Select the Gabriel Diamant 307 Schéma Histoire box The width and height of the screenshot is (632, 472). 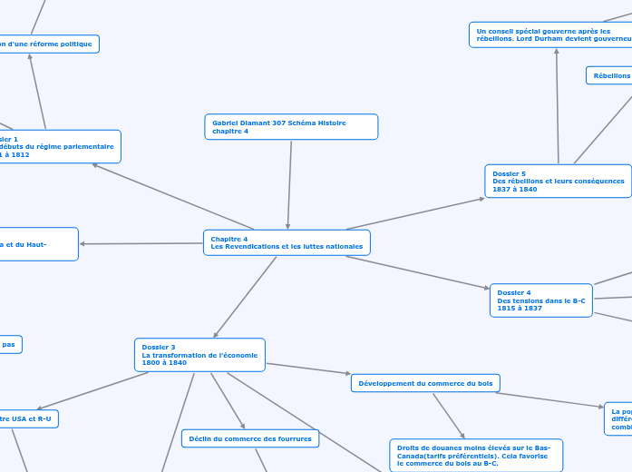tap(290, 126)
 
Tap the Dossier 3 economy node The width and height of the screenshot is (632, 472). tap(200, 354)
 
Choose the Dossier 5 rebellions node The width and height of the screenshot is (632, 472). tap(558, 181)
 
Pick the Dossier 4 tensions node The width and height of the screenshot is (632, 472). tap(541, 300)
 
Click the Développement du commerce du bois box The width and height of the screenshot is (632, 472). tap(425, 383)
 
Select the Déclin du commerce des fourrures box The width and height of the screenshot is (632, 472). tap(249, 438)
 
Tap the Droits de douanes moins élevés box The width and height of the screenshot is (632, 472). tap(475, 455)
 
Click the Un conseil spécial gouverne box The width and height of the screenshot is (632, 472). tap(551, 34)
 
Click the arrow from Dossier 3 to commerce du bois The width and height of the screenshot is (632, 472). tap(308, 369)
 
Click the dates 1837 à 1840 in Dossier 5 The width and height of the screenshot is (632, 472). tap(515, 189)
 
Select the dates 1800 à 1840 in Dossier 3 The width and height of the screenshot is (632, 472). tap(164, 362)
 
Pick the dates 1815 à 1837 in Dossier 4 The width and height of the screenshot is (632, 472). tap(520, 308)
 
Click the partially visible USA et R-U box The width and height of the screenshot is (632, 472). tap(27, 418)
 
